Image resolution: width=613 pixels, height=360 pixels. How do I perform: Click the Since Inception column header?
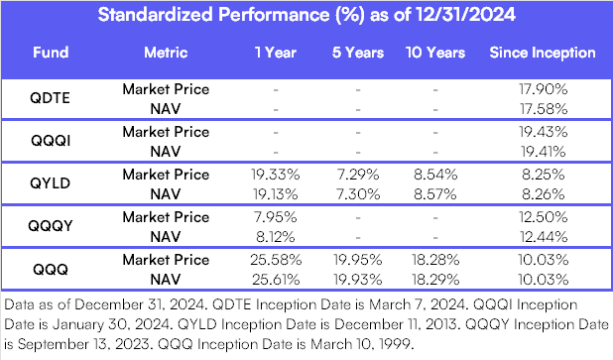click(542, 53)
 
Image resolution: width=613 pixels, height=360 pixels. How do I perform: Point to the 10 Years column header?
click(432, 53)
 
